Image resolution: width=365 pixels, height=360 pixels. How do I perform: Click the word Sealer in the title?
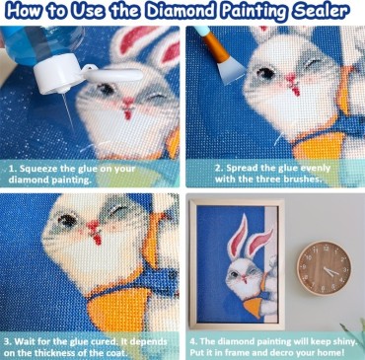click(317, 13)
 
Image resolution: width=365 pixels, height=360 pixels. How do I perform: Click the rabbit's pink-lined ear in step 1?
click(128, 44)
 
